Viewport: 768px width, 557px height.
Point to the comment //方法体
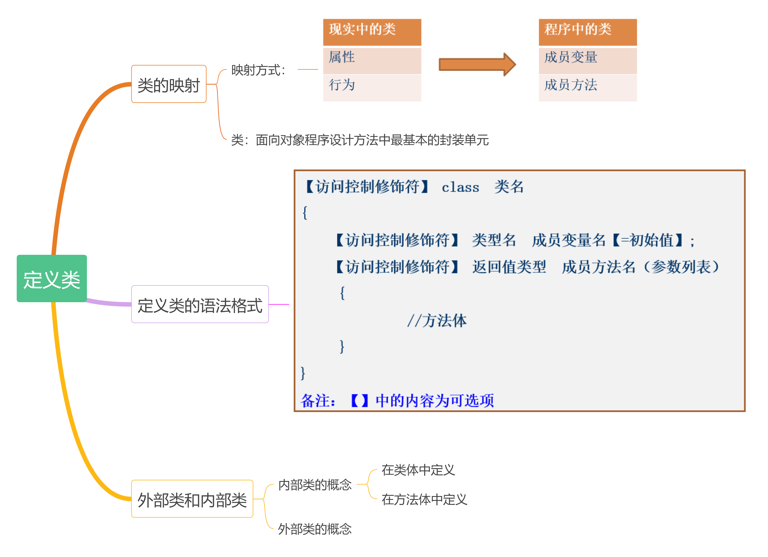point(437,321)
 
